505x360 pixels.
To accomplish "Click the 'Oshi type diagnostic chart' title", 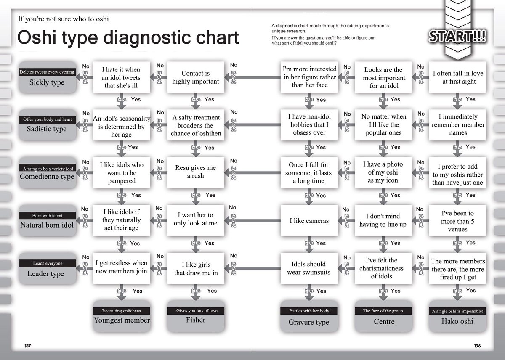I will [128, 37].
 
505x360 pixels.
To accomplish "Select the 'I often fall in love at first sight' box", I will [458, 77].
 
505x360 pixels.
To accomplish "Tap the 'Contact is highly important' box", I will [195, 77].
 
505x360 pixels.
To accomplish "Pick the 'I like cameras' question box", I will [309, 221].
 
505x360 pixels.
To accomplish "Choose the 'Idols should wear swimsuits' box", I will [309, 268].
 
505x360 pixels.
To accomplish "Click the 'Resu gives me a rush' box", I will [195, 172].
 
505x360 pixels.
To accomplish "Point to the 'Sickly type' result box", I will [47, 82].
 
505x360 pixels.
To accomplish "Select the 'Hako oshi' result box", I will [457, 321].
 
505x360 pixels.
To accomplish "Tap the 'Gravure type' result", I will [308, 322].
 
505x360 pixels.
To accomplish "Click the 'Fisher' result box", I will [195, 320].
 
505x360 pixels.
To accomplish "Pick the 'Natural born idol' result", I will [47, 225].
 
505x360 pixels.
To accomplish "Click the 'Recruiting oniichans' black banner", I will [121, 311].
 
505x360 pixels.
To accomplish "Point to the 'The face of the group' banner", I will [383, 311].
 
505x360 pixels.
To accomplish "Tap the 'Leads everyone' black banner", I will [47, 263].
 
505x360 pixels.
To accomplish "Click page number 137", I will [28, 346].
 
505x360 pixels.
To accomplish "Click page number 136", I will [477, 346].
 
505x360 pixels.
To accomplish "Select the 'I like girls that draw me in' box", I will [195, 268].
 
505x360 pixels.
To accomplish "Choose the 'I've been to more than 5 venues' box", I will [458, 221].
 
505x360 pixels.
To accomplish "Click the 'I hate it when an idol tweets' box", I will [121, 77].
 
